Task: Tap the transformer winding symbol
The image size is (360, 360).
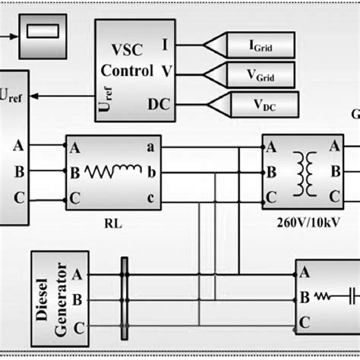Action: tap(305, 172)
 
